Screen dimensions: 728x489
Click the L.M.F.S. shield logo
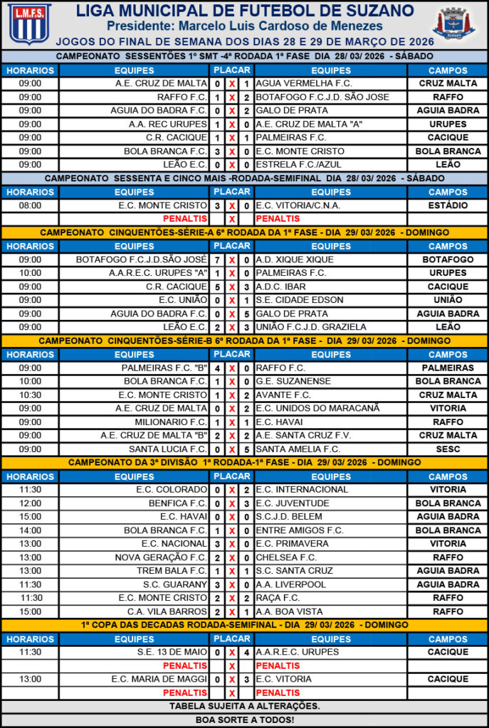[x=29, y=23]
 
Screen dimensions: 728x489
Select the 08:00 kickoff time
[x=30, y=205]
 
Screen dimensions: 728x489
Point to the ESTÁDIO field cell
[x=448, y=205]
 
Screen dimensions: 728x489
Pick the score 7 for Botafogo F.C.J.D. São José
[x=217, y=259]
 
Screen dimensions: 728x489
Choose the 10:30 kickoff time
[x=30, y=395]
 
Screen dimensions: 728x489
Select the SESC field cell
[x=448, y=449]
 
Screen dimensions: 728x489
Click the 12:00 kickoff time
[x=30, y=503]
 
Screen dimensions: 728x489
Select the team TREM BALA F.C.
[x=172, y=571]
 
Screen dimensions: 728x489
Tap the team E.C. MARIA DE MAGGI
[x=159, y=679]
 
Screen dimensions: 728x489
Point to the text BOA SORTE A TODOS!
[x=244, y=719]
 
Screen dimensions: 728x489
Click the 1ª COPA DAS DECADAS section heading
[x=244, y=625]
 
